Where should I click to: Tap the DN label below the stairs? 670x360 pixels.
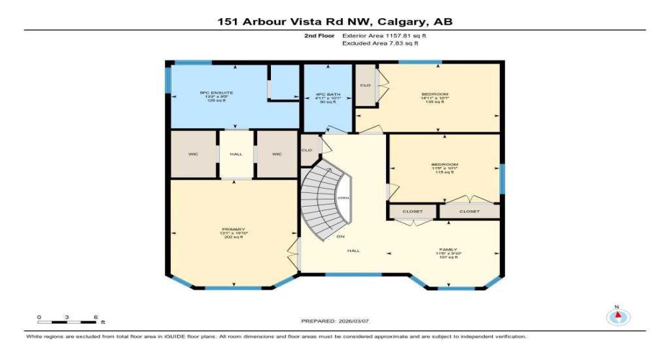point(339,236)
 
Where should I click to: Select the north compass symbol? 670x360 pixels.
point(617,317)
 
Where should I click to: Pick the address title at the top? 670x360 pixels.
point(334,22)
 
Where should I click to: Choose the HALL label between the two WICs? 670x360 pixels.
point(236,154)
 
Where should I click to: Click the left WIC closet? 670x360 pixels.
point(193,154)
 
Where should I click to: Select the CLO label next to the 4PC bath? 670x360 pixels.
point(365,86)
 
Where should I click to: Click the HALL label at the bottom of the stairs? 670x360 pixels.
point(353,251)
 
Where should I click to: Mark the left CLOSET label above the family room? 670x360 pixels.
point(413,212)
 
